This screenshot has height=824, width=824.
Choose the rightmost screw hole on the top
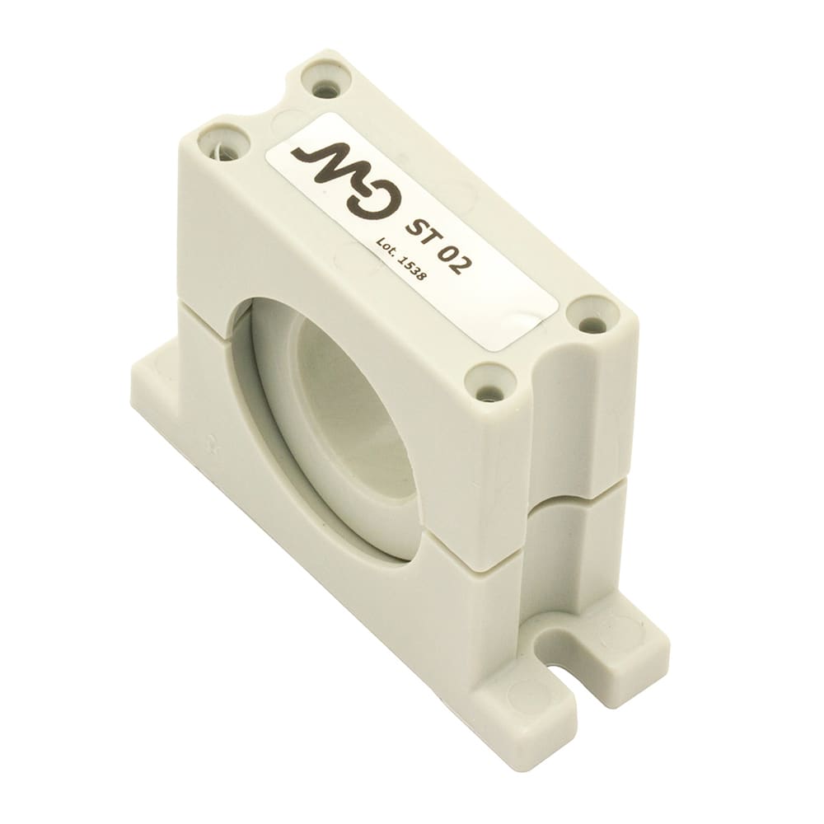(592, 321)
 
